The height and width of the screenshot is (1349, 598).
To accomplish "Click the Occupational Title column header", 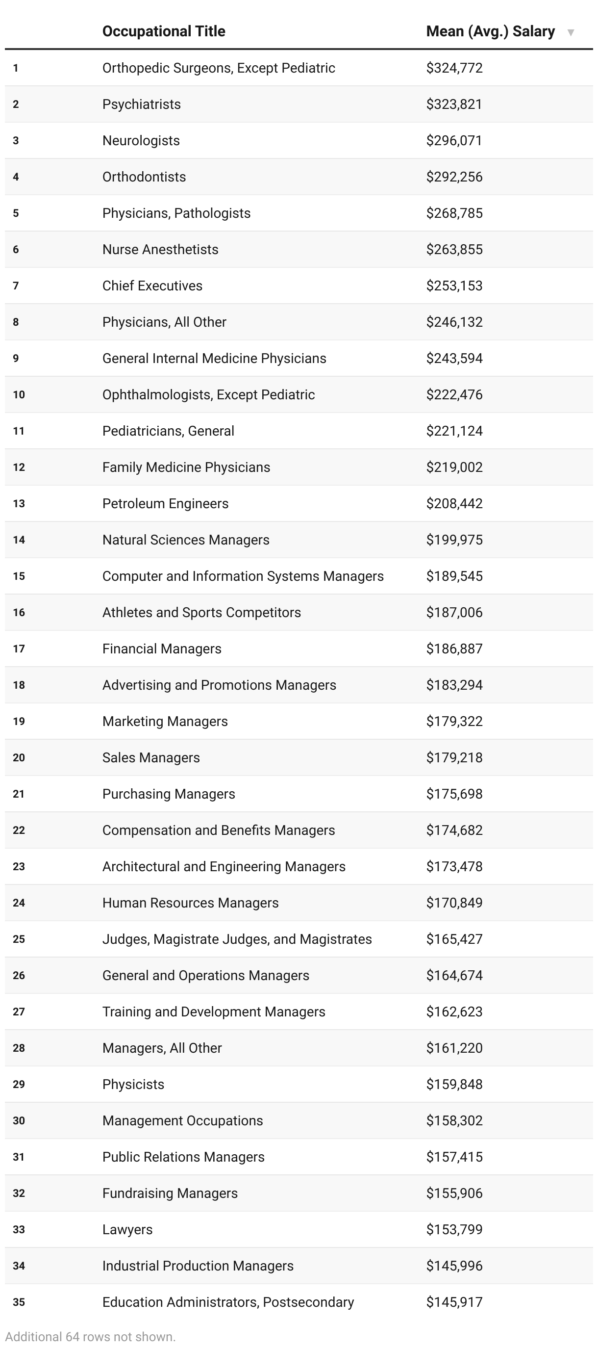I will point(164,31).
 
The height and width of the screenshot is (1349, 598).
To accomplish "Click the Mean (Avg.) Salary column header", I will point(490,31).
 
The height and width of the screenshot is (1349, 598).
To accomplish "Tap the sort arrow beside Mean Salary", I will point(571,32).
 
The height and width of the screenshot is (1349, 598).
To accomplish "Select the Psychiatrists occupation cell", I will point(142,104).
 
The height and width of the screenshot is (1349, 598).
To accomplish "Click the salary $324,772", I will point(454,68).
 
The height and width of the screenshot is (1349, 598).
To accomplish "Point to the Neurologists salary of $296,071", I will point(454,140).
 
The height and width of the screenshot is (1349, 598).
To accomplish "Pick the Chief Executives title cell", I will point(152,285).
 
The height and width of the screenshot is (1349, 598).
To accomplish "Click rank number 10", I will point(19,394).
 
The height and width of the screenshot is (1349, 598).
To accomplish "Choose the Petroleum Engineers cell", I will point(165,503).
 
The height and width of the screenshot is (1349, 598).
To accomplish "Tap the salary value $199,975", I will point(454,540).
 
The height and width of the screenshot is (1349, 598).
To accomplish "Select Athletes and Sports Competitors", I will point(201,612).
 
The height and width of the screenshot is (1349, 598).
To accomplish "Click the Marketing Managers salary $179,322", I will point(454,721).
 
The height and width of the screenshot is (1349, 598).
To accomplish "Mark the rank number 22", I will point(19,830).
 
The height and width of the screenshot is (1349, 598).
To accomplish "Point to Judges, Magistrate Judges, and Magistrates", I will point(237,939).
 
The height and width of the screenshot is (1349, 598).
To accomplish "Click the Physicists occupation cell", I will point(133,1084).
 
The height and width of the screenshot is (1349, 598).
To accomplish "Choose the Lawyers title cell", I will point(127,1229).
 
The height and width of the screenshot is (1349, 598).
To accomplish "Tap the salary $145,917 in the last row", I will point(454,1302).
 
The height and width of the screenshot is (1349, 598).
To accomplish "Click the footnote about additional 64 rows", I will point(91,1336).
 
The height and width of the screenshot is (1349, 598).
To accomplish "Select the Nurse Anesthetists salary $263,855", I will point(454,249).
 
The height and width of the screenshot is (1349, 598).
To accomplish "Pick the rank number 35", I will point(19,1302).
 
